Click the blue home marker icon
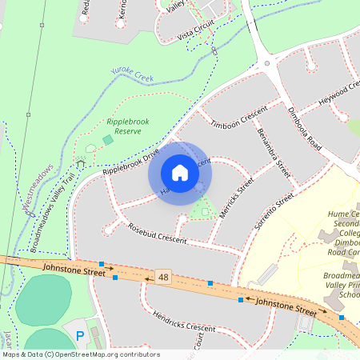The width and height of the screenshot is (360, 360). [180, 173]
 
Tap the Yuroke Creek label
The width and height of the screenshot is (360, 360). [131, 76]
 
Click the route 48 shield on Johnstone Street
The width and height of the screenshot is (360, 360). [164, 276]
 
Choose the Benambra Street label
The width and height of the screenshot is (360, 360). [272, 153]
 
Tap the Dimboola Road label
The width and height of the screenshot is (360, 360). [304, 128]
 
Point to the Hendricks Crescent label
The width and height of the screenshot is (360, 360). [183, 322]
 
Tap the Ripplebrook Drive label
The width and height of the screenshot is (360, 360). [130, 162]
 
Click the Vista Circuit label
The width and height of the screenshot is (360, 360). [196, 30]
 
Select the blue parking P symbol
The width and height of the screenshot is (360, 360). [79, 334]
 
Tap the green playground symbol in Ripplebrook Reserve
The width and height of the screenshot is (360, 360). [108, 140]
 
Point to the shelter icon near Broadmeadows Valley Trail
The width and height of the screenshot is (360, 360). [80, 163]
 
